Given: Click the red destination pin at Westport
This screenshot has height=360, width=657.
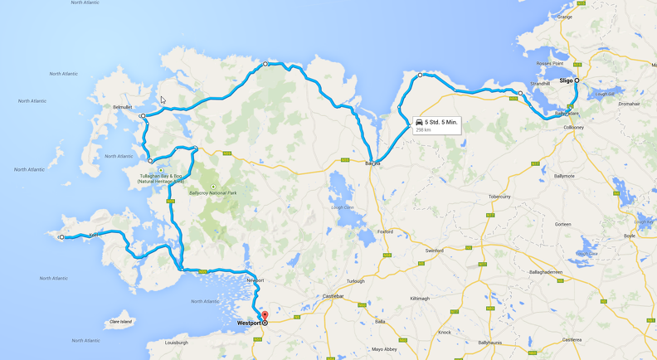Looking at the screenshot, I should pos(265,316).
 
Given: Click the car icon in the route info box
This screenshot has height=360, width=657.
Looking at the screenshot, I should pos(419,123).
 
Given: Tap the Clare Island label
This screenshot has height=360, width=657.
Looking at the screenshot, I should pos(121,321).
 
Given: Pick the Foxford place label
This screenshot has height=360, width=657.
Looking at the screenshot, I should pos(384,231).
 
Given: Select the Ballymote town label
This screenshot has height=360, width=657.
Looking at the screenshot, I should pos(564,176).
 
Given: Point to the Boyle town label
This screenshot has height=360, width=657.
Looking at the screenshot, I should pos(630,236).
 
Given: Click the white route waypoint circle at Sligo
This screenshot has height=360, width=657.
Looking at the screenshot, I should pos(577,80).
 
